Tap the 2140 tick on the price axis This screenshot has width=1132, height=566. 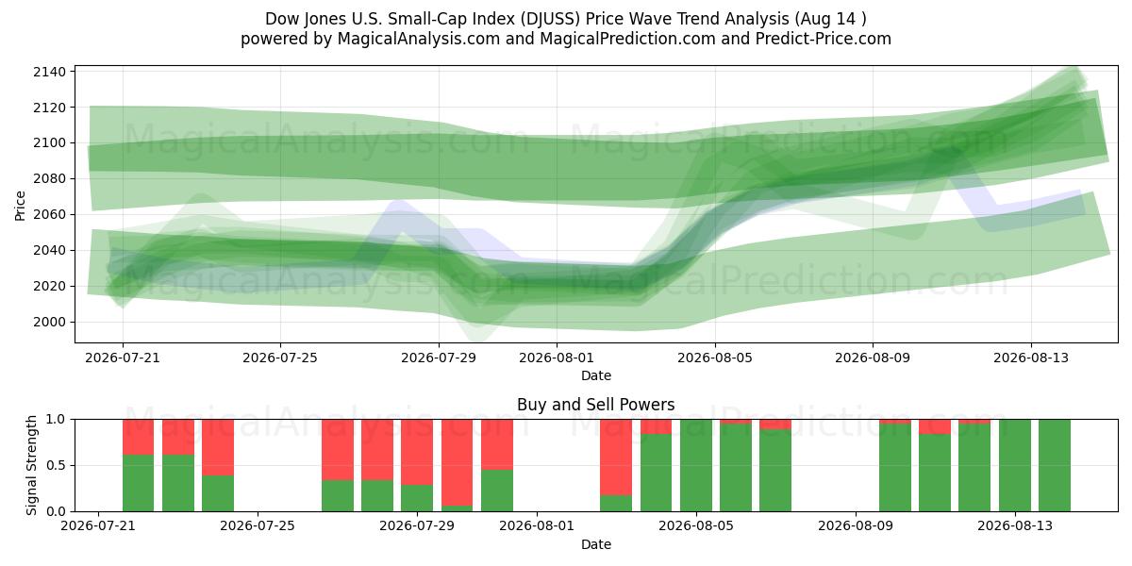pos(49,72)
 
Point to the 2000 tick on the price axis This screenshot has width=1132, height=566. pos(49,322)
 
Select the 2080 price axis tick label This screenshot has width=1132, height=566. pos(49,179)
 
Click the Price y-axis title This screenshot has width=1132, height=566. pos(20,206)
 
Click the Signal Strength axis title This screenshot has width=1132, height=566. pos(31,465)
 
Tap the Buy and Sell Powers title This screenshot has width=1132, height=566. pos(596,405)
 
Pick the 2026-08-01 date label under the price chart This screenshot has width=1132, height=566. pos(557,358)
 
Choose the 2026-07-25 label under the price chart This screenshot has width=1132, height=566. pos(280,358)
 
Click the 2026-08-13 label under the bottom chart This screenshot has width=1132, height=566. pos(1015,526)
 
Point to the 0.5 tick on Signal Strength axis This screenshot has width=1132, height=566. pos(56,465)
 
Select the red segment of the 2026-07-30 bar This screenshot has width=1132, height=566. pos(457,462)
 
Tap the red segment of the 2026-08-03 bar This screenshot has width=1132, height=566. pos(616,458)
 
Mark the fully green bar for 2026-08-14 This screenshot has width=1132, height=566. pos(1055,465)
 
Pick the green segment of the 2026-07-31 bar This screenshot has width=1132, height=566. pos(497,491)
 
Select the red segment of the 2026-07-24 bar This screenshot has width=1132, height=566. pos(218,447)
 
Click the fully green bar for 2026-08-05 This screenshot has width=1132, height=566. pos(696,465)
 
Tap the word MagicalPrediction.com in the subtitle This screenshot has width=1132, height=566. pos(627,40)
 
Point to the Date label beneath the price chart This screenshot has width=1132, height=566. pos(596,375)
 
